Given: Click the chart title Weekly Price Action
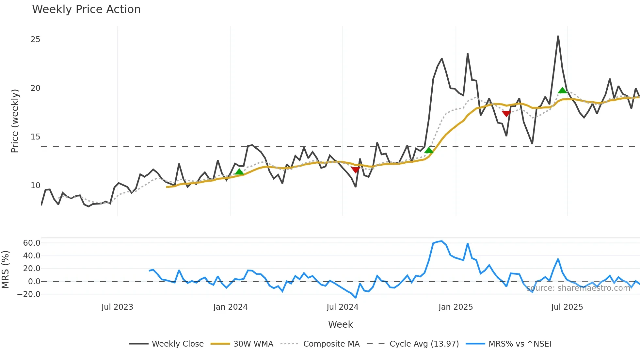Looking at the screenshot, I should (86, 9).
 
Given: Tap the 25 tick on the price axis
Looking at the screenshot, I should (35, 40).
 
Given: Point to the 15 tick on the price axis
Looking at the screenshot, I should (35, 137).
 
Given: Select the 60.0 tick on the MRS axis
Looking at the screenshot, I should (32, 243).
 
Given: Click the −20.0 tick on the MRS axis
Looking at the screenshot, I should (29, 294).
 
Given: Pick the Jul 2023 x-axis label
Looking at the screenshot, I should (117, 307).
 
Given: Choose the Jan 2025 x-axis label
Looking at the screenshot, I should (456, 307).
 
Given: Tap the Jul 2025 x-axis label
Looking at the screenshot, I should (567, 307).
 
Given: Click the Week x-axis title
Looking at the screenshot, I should (340, 324).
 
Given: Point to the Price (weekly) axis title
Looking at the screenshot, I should (15, 121).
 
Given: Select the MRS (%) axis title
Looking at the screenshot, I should (5, 270).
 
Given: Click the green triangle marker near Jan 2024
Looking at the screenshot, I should (239, 172).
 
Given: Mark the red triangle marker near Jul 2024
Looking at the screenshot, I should (356, 170).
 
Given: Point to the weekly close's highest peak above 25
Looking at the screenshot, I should (558, 36).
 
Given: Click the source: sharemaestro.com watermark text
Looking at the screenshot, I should (578, 288).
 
